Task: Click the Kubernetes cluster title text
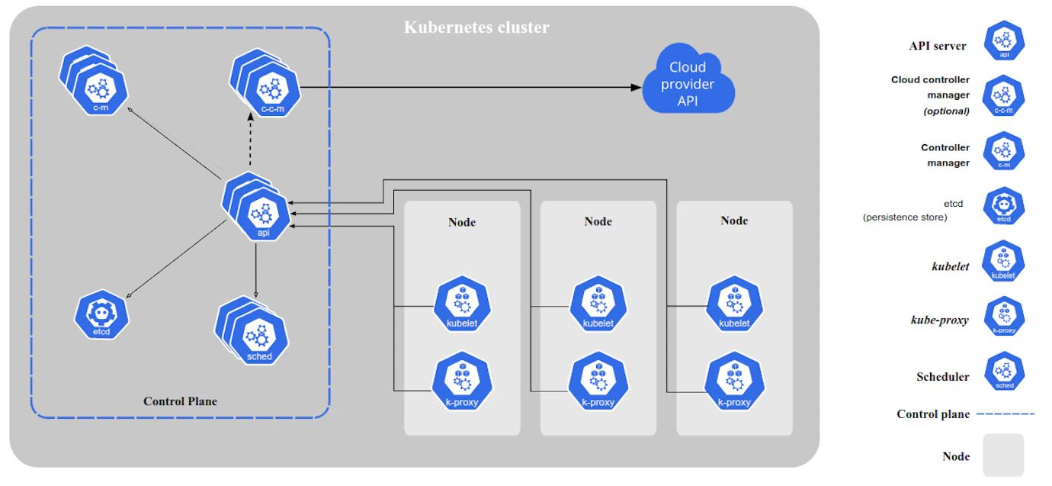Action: click(476, 27)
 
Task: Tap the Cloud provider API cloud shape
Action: click(688, 84)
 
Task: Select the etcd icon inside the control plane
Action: click(101, 314)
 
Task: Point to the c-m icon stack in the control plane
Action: click(95, 83)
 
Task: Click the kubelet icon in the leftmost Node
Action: click(462, 305)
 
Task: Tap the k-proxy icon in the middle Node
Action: click(598, 384)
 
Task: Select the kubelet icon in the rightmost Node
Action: click(734, 305)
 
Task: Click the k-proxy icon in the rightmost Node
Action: click(734, 384)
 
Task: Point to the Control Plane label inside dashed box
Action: click(180, 401)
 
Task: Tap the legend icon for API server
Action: click(1004, 40)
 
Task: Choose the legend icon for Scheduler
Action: click(1004, 372)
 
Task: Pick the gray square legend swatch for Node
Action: click(1002, 455)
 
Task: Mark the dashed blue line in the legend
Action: click(1005, 414)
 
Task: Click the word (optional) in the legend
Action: click(946, 111)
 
